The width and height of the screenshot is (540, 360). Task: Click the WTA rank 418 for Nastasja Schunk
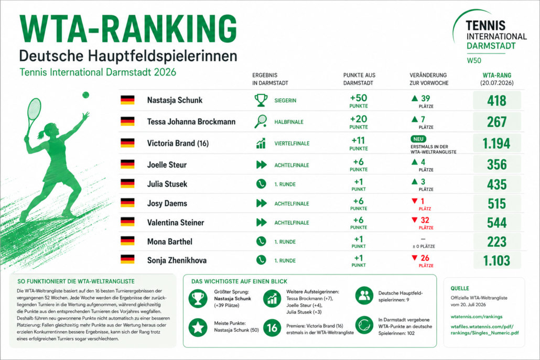click(496, 101)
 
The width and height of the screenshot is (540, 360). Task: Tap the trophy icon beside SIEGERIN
click(261, 100)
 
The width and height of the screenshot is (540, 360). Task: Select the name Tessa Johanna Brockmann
click(191, 122)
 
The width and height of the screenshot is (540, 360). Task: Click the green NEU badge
click(418, 139)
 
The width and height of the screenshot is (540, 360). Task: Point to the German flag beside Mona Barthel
click(127, 241)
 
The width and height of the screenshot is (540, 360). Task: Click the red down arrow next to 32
click(415, 220)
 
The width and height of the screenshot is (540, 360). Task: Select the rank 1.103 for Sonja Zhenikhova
click(496, 260)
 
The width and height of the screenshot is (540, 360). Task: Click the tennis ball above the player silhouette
click(86, 95)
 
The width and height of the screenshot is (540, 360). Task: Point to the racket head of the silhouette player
click(34, 109)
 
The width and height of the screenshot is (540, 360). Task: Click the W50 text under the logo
click(474, 61)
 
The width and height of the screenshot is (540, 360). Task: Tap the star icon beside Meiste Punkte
click(198, 327)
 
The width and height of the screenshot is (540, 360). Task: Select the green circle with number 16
click(272, 328)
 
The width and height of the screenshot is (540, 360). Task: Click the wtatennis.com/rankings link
click(476, 317)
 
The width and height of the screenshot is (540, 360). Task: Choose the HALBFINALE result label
click(288, 122)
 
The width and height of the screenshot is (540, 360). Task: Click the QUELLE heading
click(460, 288)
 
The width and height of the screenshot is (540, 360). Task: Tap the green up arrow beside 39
click(415, 99)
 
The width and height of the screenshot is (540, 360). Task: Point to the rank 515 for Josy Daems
click(496, 204)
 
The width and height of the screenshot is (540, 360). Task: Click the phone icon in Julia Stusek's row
click(261, 184)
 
